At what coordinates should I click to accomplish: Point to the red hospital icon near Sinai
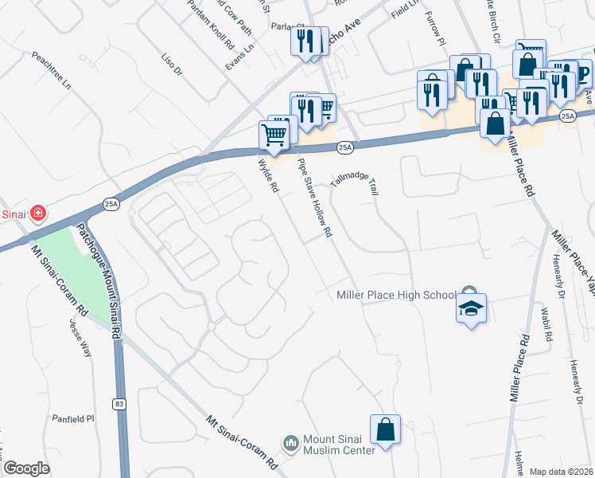pos(37,213)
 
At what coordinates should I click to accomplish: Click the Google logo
pos(26,468)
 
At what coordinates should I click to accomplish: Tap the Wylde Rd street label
pos(267,176)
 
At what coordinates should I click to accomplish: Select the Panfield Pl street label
pos(73,417)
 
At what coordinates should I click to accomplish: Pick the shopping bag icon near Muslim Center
pos(385,429)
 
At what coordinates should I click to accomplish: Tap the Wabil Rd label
pos(546,326)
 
